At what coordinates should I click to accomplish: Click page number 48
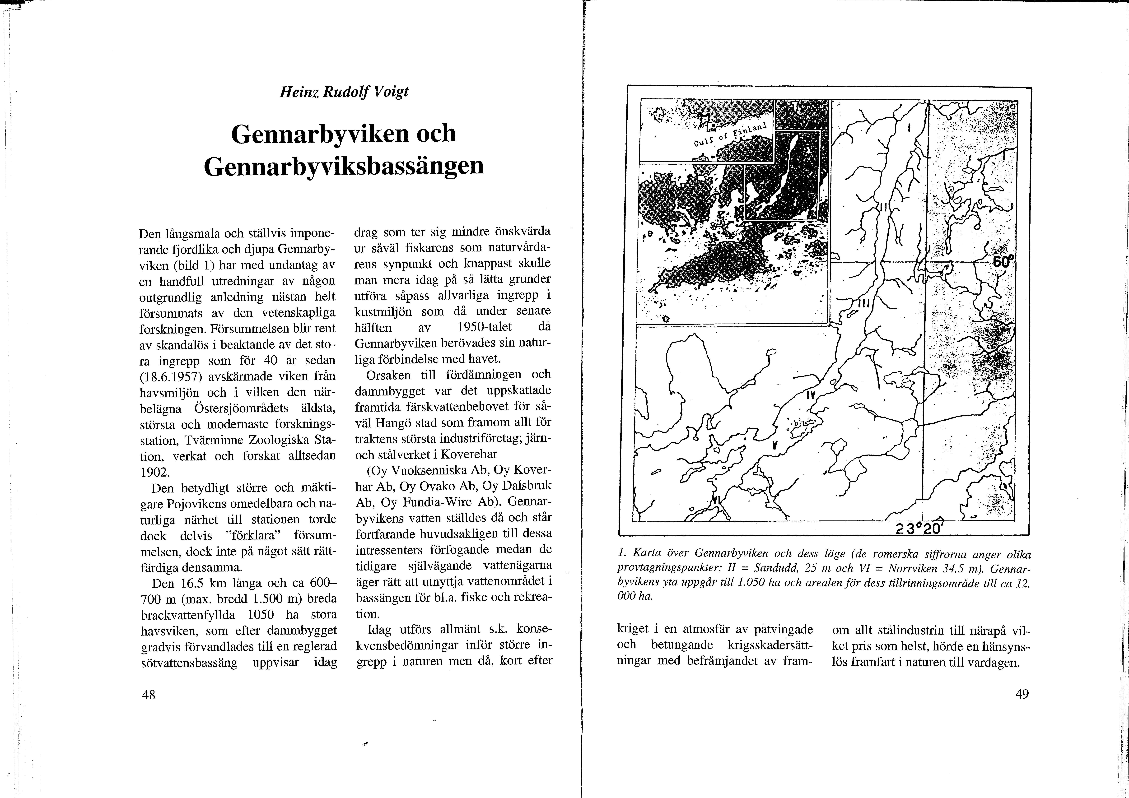tap(149, 695)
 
